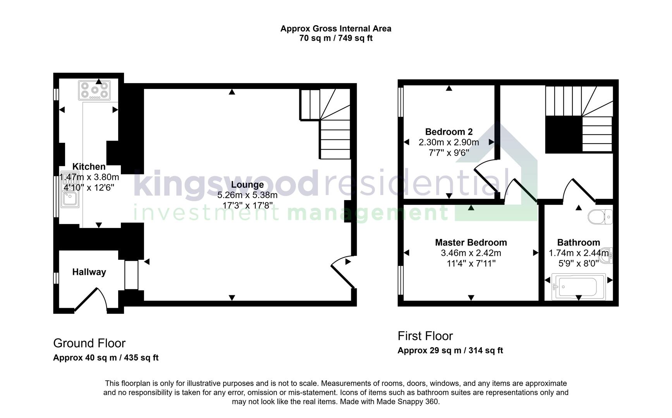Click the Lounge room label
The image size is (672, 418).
pyautogui.click(x=247, y=185)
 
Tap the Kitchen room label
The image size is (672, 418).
pyautogui.click(x=89, y=167)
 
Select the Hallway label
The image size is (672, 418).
pyautogui.click(x=89, y=272)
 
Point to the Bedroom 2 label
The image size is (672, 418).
pyautogui.click(x=449, y=132)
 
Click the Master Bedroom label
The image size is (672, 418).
pyautogui.click(x=471, y=243)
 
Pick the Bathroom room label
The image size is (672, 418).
pyautogui.click(x=578, y=243)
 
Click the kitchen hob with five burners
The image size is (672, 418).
pyautogui.click(x=95, y=90)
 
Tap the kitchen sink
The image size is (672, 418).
pyautogui.click(x=70, y=197)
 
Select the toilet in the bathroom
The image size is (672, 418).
pyautogui.click(x=600, y=217)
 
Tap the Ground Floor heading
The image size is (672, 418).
pyautogui.click(x=89, y=343)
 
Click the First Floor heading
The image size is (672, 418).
pyautogui.click(x=425, y=336)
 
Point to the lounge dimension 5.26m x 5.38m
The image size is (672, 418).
pyautogui.click(x=247, y=195)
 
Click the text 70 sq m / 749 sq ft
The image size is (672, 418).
pyautogui.click(x=336, y=38)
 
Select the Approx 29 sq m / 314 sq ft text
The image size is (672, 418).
pyautogui.click(x=450, y=351)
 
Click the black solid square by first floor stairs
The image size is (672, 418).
pyautogui.click(x=564, y=134)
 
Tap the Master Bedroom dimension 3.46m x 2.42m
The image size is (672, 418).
pyautogui.click(x=471, y=253)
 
